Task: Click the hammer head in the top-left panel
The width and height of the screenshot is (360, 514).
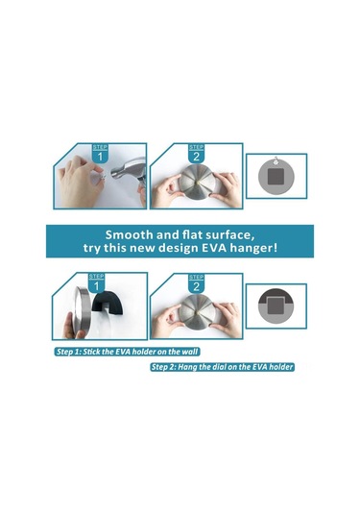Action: (129, 170)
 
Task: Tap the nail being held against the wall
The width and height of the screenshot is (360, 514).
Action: (104, 176)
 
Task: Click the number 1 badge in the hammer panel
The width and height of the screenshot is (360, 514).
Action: (100, 154)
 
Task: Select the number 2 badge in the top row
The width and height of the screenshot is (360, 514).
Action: (196, 154)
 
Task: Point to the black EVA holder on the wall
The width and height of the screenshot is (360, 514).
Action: (108, 303)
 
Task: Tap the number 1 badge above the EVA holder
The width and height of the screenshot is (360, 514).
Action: (96, 283)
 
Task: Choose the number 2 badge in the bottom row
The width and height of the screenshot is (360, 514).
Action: (196, 283)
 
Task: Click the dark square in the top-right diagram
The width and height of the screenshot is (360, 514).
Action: (276, 177)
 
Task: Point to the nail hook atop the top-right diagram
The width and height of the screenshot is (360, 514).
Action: (276, 160)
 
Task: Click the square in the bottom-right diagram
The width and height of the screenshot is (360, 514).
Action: (276, 306)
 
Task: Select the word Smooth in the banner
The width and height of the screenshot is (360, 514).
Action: (129, 234)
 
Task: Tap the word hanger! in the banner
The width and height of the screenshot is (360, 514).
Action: (253, 248)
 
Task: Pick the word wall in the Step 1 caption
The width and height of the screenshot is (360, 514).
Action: (190, 352)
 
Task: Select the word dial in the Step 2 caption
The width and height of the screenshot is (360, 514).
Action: (218, 366)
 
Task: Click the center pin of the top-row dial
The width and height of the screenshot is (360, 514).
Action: (198, 180)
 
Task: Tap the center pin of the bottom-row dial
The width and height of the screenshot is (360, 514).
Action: (198, 311)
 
